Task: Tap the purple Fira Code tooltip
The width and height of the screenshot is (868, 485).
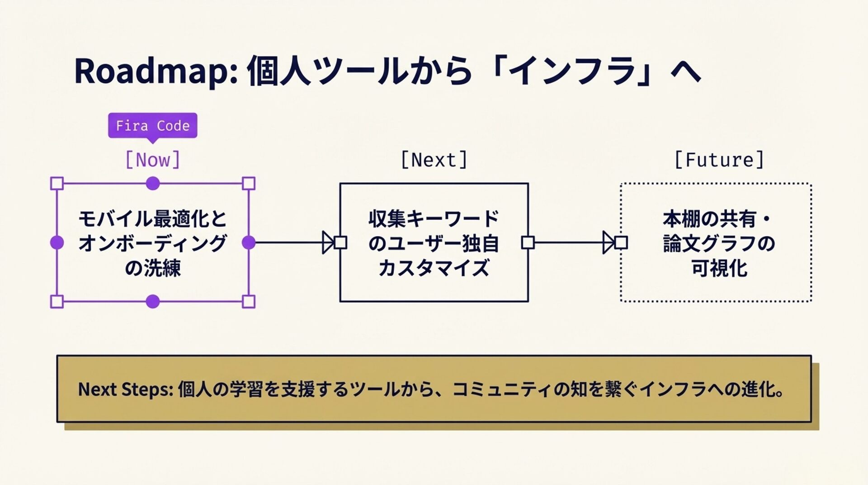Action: (152, 125)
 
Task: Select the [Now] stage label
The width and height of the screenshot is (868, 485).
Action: (152, 160)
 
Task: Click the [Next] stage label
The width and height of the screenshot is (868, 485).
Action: (434, 160)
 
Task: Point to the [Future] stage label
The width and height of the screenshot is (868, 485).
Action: (719, 160)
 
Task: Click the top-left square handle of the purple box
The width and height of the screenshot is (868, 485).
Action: (57, 183)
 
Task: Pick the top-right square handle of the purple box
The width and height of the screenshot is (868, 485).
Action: (249, 183)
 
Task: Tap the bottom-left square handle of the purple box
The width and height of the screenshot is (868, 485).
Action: (57, 301)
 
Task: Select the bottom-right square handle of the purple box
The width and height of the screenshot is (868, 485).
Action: (249, 301)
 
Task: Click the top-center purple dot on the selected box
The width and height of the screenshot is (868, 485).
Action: (153, 183)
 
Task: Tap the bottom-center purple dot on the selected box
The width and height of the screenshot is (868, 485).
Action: (153, 301)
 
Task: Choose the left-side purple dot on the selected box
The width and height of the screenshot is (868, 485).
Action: (57, 242)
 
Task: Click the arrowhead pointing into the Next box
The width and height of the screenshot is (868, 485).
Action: (328, 242)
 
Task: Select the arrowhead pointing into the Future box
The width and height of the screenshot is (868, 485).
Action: (609, 242)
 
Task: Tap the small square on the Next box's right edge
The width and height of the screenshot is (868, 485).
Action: (528, 242)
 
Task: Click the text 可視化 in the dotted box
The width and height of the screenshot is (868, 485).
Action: (719, 268)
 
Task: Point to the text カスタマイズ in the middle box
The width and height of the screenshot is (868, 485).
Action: (434, 268)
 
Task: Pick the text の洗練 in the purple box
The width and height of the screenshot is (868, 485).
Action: (153, 268)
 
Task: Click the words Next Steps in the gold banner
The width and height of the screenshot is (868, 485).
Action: (125, 389)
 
